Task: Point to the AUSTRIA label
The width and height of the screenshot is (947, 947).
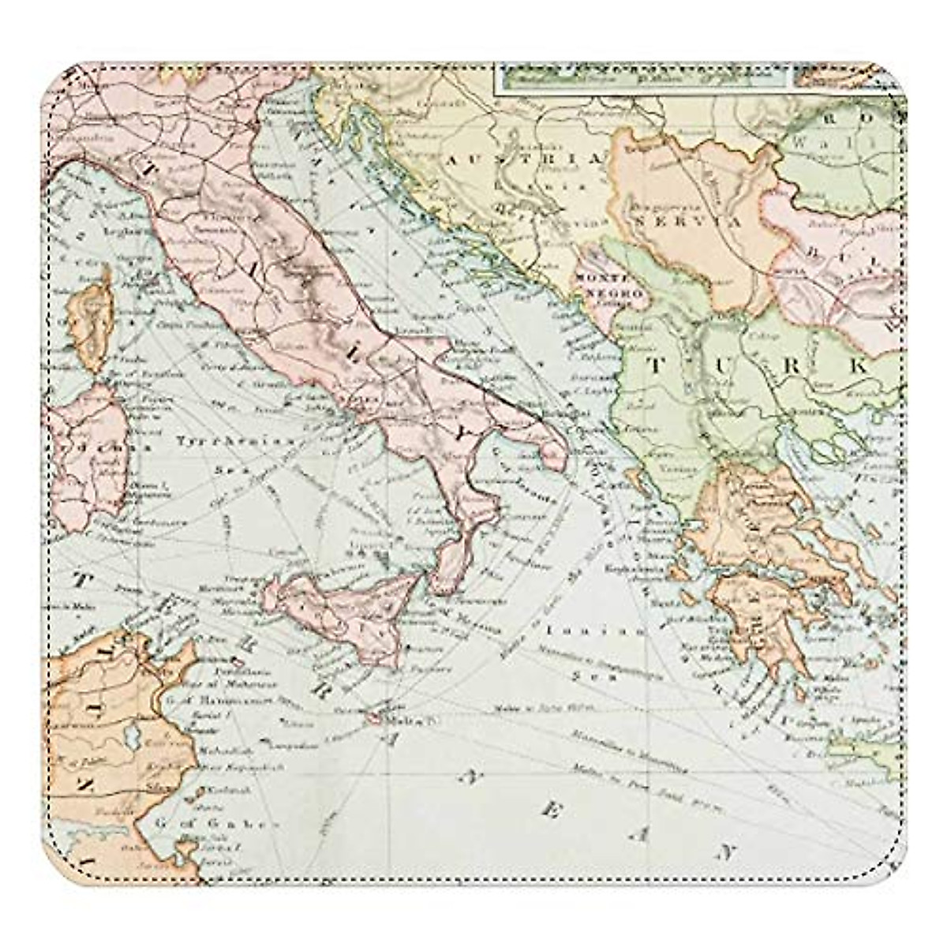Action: point(523,159)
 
